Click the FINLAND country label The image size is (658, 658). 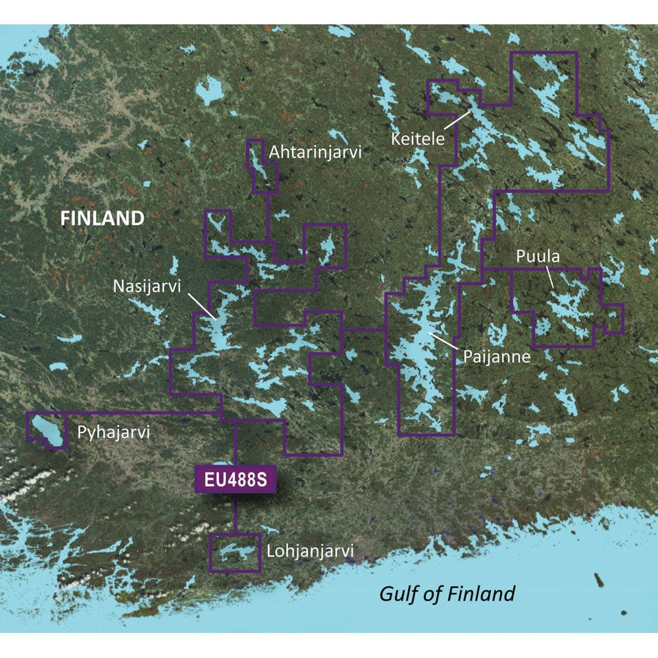(102, 218)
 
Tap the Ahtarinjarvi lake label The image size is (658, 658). (315, 153)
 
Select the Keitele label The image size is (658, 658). (418, 139)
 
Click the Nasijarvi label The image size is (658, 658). (146, 286)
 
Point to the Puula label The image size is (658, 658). (538, 257)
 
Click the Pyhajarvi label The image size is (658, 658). (114, 433)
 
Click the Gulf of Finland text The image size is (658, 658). (447, 594)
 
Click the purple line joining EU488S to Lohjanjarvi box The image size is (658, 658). (236, 515)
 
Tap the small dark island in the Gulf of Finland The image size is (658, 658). (599, 580)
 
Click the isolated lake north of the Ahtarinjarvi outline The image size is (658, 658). (210, 89)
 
